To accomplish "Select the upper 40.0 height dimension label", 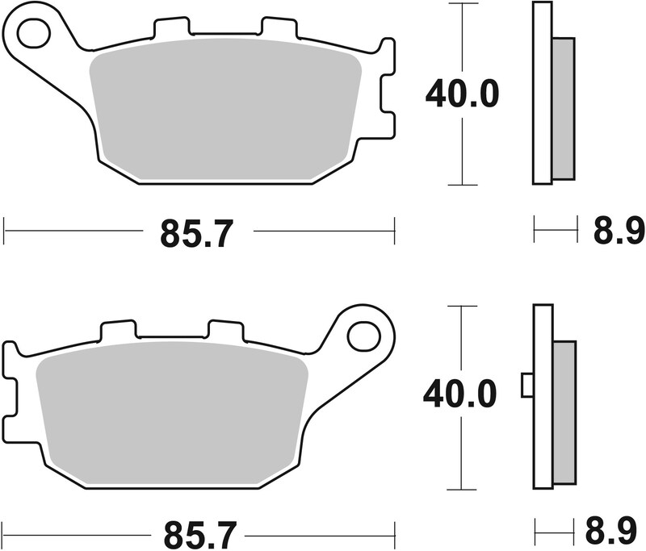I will tap(463, 94).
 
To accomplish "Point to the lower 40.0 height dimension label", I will tap(463, 395).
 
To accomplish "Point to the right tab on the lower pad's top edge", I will tap(225, 330).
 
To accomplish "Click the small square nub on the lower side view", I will tap(526, 386).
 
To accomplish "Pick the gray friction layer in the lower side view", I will tap(564, 410).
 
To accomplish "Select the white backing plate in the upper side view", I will tap(542, 94).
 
